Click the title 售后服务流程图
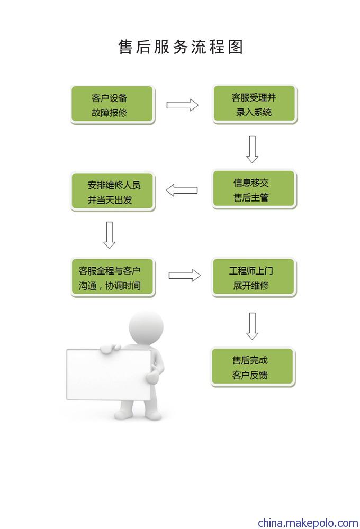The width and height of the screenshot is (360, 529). tap(181, 47)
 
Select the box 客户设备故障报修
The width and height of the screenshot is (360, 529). tap(112, 105)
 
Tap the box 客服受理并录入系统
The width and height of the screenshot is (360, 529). tap(255, 104)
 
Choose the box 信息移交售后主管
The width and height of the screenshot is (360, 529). tap(254, 189)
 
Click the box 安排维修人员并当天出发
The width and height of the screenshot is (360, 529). tap(112, 191)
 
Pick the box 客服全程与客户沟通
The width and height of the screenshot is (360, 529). tap(113, 278)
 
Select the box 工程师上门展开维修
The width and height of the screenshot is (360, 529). tap(254, 277)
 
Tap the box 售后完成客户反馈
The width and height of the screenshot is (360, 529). tap(253, 367)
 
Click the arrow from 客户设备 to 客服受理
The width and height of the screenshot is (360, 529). tap(182, 105)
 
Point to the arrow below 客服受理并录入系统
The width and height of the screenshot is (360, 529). tap(253, 149)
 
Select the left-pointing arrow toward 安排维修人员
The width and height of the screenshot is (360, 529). tap(182, 190)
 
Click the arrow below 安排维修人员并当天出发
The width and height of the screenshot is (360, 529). tap(109, 235)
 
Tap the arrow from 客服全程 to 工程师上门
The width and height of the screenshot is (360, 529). tap(184, 275)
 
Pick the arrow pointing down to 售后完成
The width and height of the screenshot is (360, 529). tap(253, 326)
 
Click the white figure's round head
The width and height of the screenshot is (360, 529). tap(146, 327)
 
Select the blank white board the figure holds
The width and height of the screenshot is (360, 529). tap(109, 375)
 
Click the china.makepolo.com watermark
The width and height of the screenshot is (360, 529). tap(308, 523)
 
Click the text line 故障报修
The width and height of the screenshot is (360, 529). tap(109, 113)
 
